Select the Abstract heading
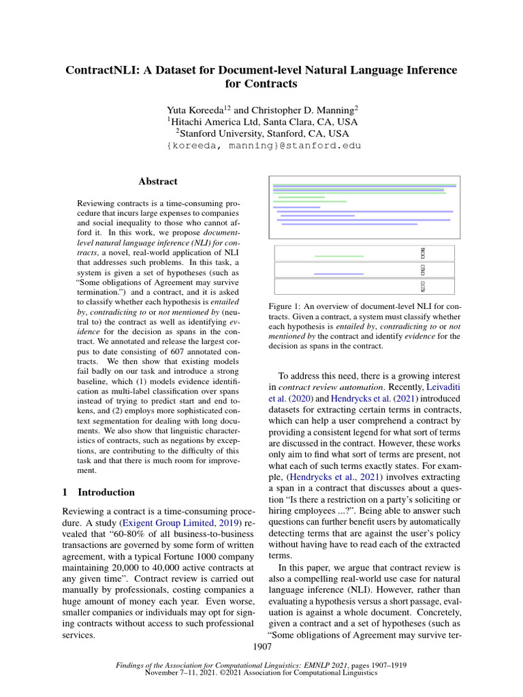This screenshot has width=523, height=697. pos(157,182)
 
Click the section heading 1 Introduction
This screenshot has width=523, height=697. pos(98,492)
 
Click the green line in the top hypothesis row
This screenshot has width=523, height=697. pos(338,255)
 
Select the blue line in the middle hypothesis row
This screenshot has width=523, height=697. pos(338,273)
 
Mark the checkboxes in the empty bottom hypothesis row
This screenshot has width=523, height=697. pos(423,287)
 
